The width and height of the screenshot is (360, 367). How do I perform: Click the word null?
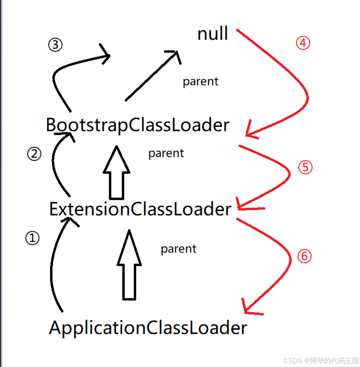coord(213,34)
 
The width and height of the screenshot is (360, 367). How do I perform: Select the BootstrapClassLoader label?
coord(137,125)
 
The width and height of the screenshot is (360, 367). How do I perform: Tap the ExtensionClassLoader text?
coord(140,209)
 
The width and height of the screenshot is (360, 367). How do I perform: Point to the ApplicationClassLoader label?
coord(148,327)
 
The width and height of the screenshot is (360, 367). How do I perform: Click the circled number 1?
coord(32,238)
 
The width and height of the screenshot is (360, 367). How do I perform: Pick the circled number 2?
coord(34,154)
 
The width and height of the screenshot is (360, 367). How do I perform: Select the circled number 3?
coord(55,45)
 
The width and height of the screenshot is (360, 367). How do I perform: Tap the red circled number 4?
coord(303,43)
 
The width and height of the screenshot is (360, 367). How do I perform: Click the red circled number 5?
coord(305,167)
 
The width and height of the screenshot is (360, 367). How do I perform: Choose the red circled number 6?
coord(304,256)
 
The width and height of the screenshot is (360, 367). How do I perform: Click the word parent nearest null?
coord(200,82)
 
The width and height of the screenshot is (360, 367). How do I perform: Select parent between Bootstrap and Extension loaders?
coord(166,153)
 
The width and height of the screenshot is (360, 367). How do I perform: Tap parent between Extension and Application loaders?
coord(178,249)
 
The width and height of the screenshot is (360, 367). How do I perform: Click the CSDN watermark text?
coord(321,361)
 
